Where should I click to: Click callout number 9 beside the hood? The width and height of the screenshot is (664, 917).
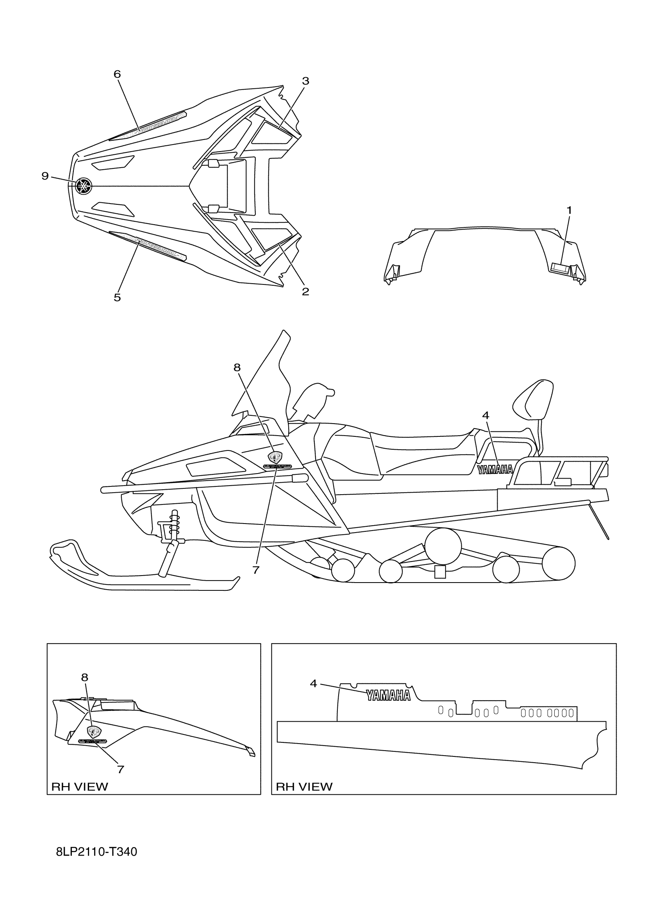click(x=45, y=176)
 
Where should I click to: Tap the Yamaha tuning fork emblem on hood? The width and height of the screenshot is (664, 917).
click(x=84, y=186)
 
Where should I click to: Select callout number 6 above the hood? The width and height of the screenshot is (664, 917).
click(x=117, y=74)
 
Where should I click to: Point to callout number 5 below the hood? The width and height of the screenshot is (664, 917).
click(x=117, y=298)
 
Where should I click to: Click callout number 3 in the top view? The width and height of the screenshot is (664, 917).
click(x=305, y=81)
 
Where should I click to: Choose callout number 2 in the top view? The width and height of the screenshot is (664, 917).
click(x=305, y=291)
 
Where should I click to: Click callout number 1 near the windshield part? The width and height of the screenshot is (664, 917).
click(x=569, y=210)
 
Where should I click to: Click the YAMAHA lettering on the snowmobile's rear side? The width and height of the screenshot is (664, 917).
click(x=495, y=469)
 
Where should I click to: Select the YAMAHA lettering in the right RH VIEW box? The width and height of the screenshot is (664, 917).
click(x=388, y=695)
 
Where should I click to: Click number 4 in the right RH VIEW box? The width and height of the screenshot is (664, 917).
click(x=314, y=683)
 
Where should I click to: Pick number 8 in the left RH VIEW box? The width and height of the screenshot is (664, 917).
click(x=84, y=677)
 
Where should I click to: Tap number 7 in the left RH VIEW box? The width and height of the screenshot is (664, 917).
click(x=120, y=769)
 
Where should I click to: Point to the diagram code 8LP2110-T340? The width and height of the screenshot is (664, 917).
click(x=96, y=852)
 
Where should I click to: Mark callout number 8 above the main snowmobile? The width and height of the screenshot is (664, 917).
click(x=237, y=367)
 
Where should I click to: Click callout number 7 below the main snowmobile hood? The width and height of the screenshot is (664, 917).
click(x=255, y=570)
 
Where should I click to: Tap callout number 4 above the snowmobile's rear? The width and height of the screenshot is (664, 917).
click(x=486, y=415)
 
